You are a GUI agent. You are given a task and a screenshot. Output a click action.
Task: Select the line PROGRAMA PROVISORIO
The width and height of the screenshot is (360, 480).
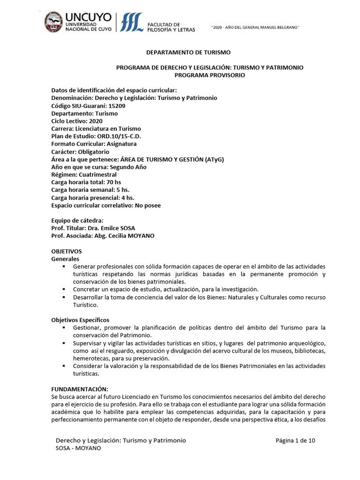pos(210,75)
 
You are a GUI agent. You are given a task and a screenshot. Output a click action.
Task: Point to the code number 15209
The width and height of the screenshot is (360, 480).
pos(116,106)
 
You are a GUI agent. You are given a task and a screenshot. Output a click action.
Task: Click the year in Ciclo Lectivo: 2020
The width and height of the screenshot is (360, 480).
pos(95,121)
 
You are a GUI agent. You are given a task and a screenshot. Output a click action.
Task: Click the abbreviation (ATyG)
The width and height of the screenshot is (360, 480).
pos(214,159)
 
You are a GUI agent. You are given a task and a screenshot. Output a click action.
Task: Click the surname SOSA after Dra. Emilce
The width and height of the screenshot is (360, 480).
pos(127,229)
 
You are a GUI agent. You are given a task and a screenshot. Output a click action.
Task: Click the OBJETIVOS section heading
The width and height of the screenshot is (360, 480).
pos(66,251)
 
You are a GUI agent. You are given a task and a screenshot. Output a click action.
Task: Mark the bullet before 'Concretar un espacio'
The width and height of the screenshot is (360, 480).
pos(63,289)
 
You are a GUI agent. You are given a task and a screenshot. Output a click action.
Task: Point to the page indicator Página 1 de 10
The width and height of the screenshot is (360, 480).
pos(295,441)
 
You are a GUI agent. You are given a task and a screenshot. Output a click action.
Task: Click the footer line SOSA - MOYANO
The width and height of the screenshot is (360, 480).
pos(78,448)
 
